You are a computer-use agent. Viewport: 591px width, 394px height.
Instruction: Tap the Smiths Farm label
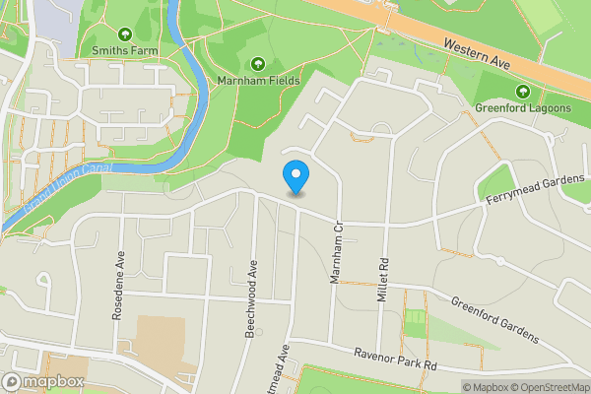[x=125, y=49]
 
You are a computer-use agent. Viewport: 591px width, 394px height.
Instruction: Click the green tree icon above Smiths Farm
[x=125, y=33]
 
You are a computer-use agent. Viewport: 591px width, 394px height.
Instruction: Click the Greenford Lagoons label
[x=523, y=106]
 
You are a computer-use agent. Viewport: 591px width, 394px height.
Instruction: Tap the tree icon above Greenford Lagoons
[x=523, y=90]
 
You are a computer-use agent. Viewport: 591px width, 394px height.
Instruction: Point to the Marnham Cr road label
[x=336, y=253]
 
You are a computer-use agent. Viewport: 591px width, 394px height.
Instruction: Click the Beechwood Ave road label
[x=252, y=298]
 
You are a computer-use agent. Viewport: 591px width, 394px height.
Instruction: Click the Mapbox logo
[x=43, y=381]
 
